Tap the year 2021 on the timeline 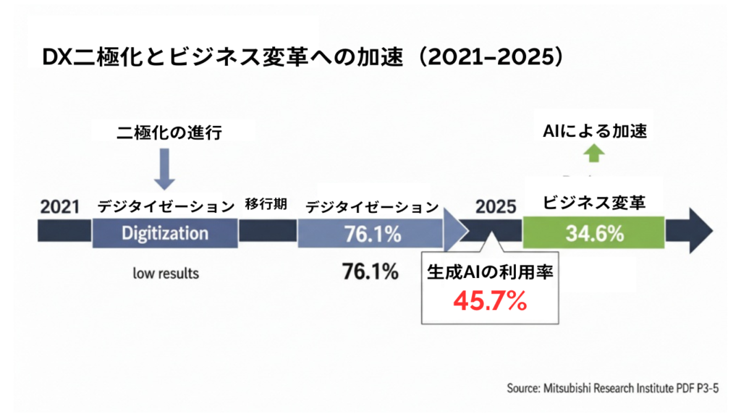61,206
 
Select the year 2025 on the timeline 496,206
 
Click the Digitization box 165,233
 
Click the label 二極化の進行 165,132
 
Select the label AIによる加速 594,131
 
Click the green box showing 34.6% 593,233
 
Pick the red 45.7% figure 490,301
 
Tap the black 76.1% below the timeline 370,273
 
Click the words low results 165,274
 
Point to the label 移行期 266,205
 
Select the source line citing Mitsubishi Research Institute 614,388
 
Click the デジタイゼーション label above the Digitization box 166,206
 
